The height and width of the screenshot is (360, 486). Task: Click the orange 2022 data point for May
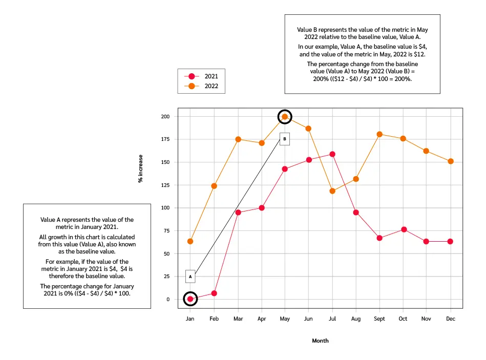point(285,117)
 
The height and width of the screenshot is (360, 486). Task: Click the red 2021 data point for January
point(190,299)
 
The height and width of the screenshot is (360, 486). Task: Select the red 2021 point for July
point(332,154)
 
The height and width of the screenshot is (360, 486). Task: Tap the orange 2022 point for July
point(332,191)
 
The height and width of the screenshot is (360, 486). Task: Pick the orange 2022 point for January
point(190,241)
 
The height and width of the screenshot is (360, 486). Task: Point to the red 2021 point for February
point(214,293)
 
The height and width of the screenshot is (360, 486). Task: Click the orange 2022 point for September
point(379,134)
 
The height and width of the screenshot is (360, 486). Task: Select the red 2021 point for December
point(451,241)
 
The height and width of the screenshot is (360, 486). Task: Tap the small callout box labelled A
point(190,276)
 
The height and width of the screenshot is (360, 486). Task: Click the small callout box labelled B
point(285,138)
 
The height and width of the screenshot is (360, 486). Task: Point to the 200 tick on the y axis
point(165,117)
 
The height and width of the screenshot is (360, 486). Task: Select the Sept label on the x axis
point(379,319)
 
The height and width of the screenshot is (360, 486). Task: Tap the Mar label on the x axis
point(238,319)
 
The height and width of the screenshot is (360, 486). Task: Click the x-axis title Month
point(320,341)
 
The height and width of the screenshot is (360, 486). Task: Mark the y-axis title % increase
point(140,169)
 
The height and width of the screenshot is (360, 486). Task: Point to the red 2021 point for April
point(261,208)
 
